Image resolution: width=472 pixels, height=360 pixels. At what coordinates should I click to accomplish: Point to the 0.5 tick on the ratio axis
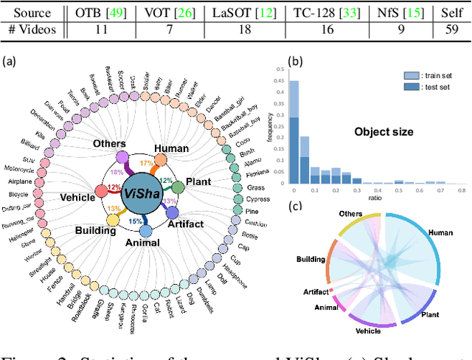(397, 190)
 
